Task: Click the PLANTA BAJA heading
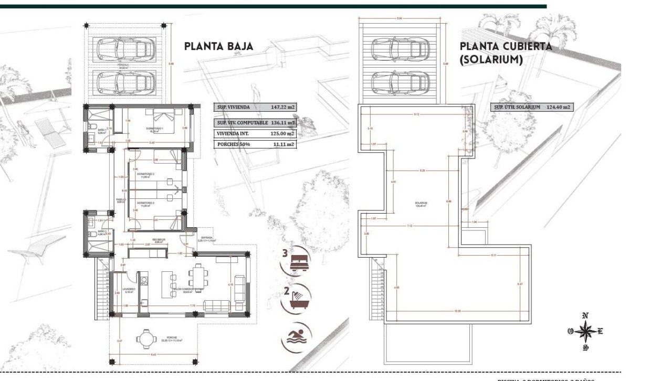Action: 218,46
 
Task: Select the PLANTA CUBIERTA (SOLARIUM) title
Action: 505,53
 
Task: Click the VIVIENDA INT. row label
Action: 234,133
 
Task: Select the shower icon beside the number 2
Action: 300,297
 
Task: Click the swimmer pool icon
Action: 297,336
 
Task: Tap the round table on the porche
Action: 145,339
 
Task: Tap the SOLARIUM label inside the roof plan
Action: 419,203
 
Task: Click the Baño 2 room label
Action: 102,231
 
